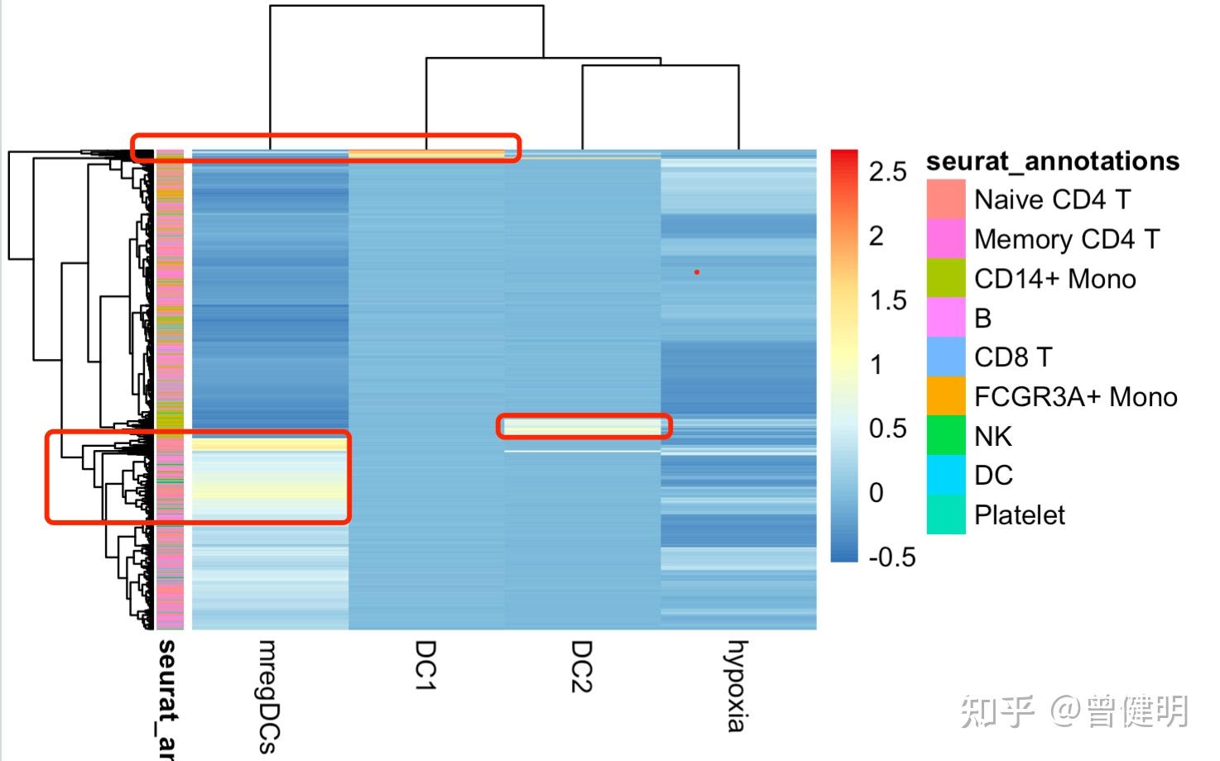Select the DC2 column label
click(x=581, y=665)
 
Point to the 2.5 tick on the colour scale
click(x=888, y=171)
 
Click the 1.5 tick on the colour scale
click(x=888, y=300)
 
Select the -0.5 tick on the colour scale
click(x=892, y=557)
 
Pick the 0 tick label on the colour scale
click(x=877, y=493)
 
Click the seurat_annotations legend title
click(x=1053, y=160)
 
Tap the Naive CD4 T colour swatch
click(x=946, y=199)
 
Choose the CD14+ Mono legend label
click(x=1054, y=279)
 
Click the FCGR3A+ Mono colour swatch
click(x=946, y=397)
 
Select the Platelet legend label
click(x=1020, y=515)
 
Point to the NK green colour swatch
click(x=946, y=436)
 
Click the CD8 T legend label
click(x=1013, y=357)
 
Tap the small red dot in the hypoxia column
click(x=697, y=271)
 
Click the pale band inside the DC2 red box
click(x=584, y=427)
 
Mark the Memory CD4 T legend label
click(x=1067, y=239)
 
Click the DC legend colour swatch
click(x=946, y=475)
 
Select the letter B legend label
click(x=982, y=318)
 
